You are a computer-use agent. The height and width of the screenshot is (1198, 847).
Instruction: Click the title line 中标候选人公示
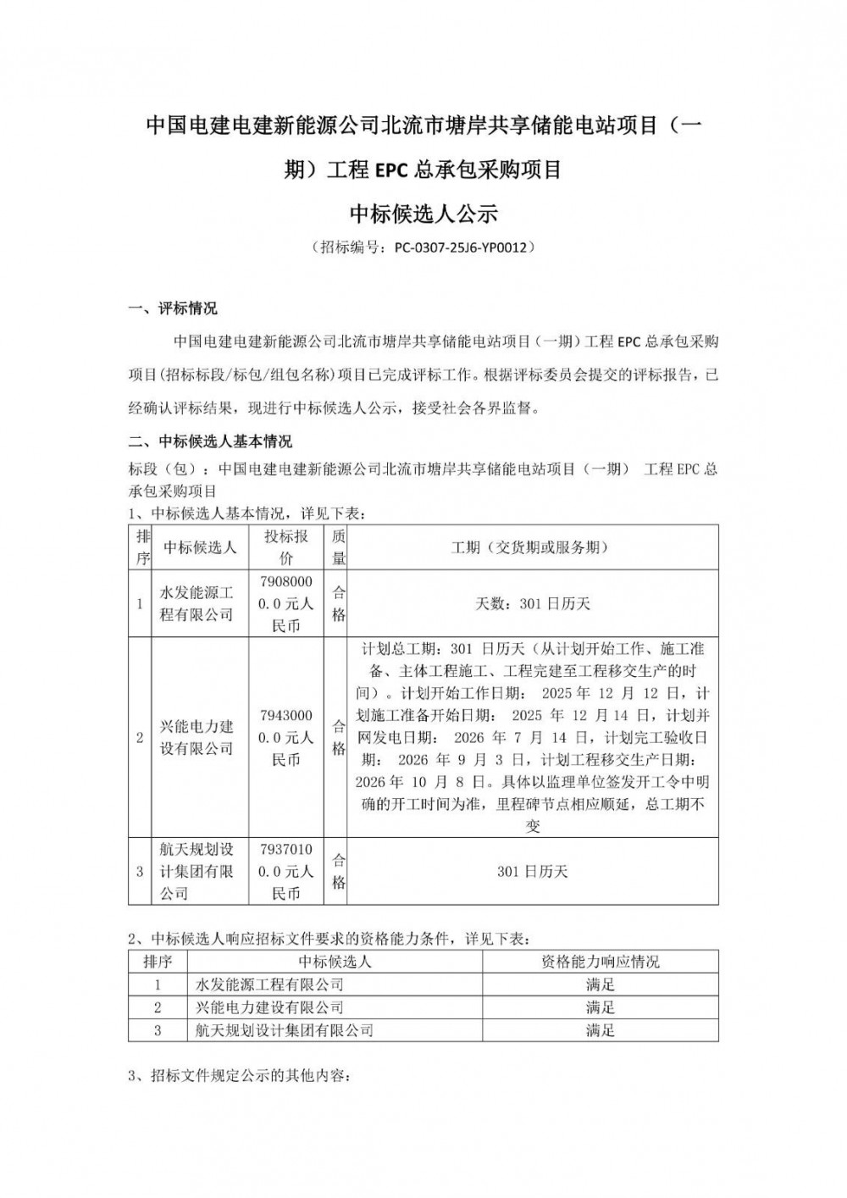(x=423, y=213)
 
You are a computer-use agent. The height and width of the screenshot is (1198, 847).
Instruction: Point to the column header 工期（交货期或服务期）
(x=531, y=547)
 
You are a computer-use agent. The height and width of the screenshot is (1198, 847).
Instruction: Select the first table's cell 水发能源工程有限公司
(x=197, y=602)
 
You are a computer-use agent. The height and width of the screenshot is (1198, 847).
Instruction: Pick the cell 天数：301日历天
(x=533, y=603)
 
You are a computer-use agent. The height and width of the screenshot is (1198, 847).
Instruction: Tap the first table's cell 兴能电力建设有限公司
(x=197, y=737)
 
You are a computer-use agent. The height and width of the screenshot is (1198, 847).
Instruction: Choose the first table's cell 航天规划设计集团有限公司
(x=197, y=871)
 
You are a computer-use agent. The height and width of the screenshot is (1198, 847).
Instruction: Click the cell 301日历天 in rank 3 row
(x=533, y=871)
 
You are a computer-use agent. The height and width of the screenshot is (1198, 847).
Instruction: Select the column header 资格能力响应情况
(x=600, y=962)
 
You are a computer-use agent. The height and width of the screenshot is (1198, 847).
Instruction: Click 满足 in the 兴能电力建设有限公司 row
(x=600, y=1007)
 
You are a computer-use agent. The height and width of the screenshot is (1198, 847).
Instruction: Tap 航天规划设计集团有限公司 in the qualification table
(x=285, y=1030)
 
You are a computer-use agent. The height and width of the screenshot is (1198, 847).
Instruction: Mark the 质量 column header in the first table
(x=339, y=546)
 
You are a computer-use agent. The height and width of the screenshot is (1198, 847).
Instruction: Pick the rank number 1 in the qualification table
(x=158, y=984)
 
